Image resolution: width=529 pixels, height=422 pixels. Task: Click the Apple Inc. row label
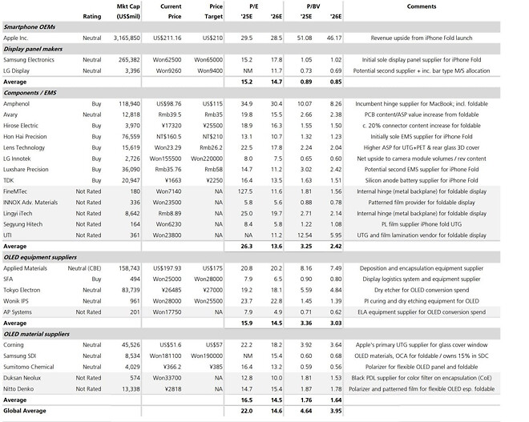tap(21, 37)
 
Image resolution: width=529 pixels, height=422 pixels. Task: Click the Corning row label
tap(16, 344)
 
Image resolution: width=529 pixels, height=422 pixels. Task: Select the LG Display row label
tap(21, 70)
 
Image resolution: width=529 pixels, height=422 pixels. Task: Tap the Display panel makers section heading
tap(36, 48)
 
